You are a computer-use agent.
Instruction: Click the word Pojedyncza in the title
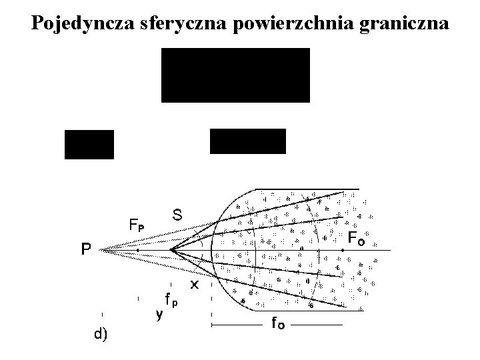[x=84, y=23]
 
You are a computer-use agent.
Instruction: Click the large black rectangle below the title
[x=235, y=75]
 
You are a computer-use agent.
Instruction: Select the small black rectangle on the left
[x=89, y=144]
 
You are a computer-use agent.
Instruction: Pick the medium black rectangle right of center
[x=247, y=141]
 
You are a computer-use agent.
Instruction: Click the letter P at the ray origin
[x=85, y=250]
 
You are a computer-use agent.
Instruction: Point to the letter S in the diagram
[x=178, y=215]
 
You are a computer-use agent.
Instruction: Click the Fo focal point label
[x=356, y=237]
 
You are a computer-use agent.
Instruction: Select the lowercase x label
[x=195, y=285]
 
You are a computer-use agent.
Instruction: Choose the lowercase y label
[x=159, y=314]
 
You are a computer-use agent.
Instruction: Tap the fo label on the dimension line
[x=278, y=325]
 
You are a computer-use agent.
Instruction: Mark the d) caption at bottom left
[x=101, y=334]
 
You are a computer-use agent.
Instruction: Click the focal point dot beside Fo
[x=342, y=250]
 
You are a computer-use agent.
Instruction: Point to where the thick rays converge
[x=171, y=250]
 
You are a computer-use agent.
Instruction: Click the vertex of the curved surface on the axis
[x=211, y=250]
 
